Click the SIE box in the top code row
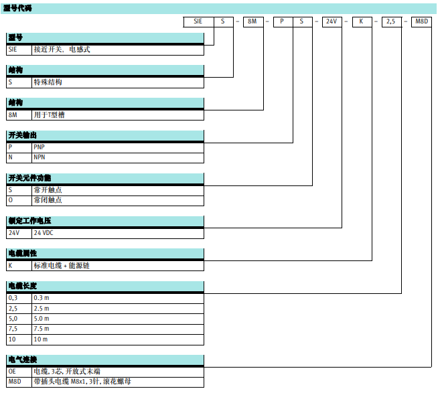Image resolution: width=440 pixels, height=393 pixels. tap(198, 21)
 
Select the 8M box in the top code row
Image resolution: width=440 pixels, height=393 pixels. tap(252, 21)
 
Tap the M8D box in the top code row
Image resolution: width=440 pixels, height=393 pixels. tap(422, 21)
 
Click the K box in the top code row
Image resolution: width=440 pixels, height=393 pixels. tap(361, 21)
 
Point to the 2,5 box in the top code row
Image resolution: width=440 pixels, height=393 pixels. tap(391, 21)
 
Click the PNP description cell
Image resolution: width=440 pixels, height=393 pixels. tap(40, 147)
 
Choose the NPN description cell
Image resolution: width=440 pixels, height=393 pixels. tap(40, 157)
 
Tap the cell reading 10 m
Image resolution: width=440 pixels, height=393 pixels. tap(41, 339)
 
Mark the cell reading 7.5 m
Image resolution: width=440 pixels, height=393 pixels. tap(42, 329)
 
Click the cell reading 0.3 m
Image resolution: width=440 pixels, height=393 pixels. tap(42, 297)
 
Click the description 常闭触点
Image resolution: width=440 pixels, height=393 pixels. tap(48, 200)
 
